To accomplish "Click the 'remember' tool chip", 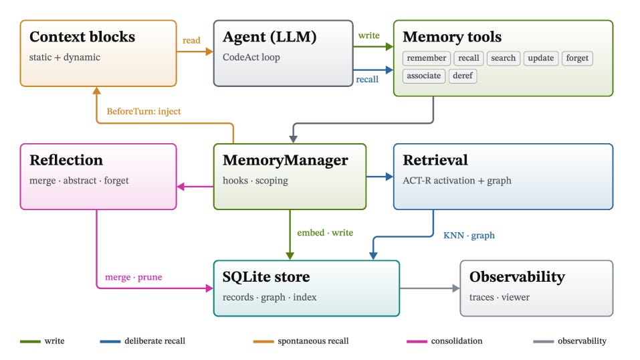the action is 427,58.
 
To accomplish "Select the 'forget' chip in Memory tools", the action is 577,58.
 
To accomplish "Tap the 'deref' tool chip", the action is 463,76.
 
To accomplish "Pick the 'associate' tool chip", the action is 424,76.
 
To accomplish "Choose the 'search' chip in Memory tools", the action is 504,58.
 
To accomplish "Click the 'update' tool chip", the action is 541,58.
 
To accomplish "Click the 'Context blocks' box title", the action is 82,37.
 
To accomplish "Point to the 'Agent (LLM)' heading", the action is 270,37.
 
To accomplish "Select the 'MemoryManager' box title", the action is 286,161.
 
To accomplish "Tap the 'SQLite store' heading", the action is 266,277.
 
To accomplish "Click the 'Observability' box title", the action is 517,277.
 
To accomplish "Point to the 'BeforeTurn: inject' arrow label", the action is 144,111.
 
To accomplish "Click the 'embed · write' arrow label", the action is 325,232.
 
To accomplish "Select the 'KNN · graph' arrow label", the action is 469,236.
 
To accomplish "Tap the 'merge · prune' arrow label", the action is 134,277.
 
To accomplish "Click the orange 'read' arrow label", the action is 191,40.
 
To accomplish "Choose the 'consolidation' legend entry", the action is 445,341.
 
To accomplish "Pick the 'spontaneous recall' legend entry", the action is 301,341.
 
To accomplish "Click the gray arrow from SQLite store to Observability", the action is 430,288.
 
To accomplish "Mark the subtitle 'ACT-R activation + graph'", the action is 457,181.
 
